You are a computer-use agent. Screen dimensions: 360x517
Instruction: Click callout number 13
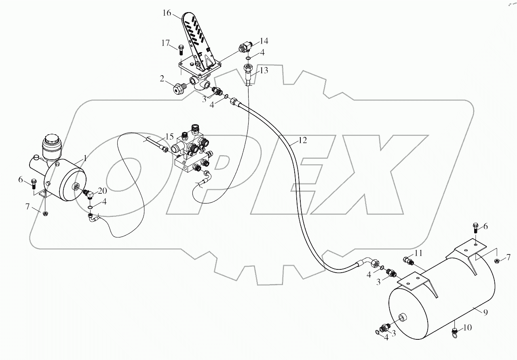tap(264, 71)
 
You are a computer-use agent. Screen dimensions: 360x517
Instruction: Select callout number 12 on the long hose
tap(303, 140)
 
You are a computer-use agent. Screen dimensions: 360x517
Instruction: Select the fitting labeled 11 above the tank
tap(408, 261)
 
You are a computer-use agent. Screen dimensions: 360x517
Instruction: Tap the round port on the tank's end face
tap(403, 318)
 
